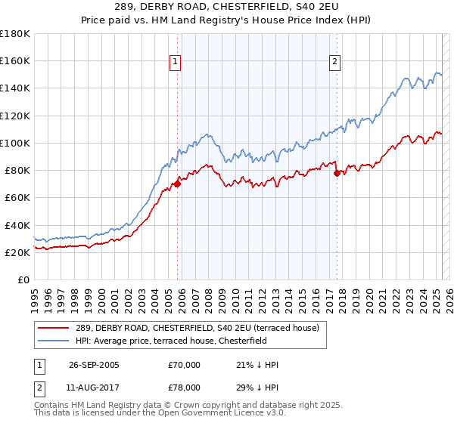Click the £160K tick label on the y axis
(15, 60)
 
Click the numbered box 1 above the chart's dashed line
(176, 63)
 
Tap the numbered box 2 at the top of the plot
(334, 63)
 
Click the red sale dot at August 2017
(337, 173)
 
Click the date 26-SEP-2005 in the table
(94, 365)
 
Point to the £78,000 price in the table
(185, 387)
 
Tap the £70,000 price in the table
(185, 365)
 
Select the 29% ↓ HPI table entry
(257, 387)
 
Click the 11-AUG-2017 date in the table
(94, 387)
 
